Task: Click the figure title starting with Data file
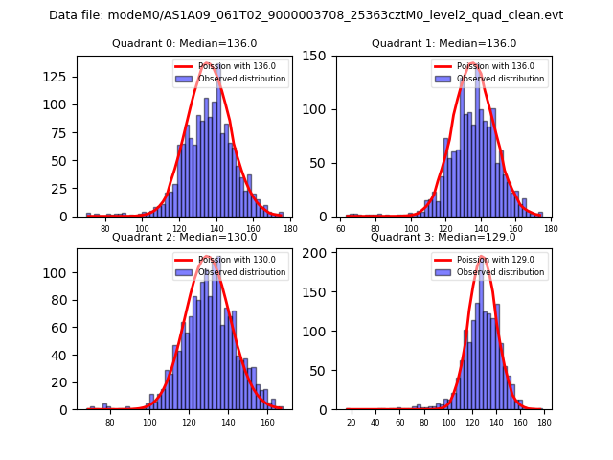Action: [x=306, y=15]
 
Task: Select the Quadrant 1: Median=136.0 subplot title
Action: [x=443, y=43]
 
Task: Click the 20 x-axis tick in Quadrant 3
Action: [x=352, y=422]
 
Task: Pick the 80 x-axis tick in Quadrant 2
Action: [x=110, y=422]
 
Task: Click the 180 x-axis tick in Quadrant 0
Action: [x=290, y=228]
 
